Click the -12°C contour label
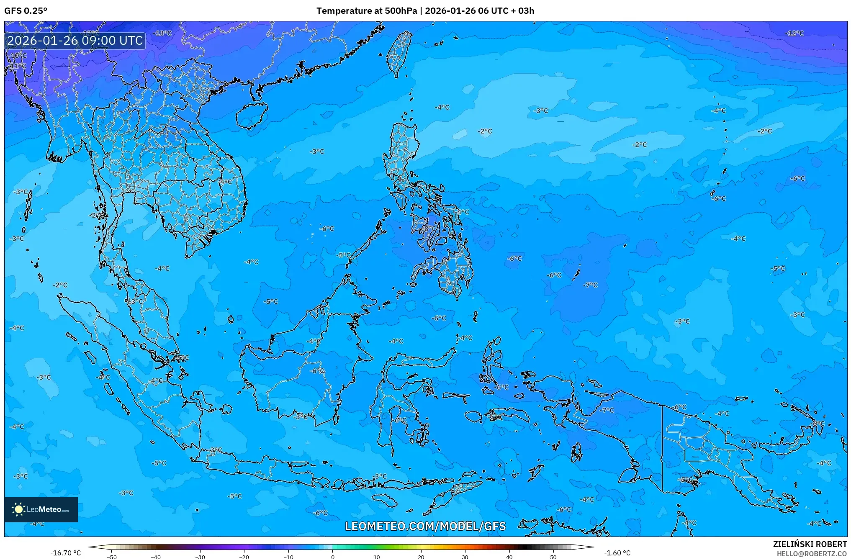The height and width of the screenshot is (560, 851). click(x=794, y=33)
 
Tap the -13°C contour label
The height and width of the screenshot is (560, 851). click(x=162, y=33)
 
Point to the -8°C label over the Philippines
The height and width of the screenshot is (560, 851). click(x=429, y=229)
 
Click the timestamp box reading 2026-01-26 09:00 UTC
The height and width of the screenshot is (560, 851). click(x=75, y=41)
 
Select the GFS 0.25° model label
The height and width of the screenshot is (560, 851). click(x=26, y=10)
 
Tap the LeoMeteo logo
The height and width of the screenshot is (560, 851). click(x=41, y=509)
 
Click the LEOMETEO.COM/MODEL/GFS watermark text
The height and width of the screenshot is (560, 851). click(x=425, y=526)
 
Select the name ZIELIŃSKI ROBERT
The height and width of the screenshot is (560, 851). click(x=810, y=544)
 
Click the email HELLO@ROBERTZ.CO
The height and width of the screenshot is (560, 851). click(x=812, y=554)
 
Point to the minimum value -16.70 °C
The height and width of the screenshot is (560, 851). click(x=65, y=553)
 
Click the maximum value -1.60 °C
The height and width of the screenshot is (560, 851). click(x=617, y=553)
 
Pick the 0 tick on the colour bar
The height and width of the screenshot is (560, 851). click(x=333, y=557)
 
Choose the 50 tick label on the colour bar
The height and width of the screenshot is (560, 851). click(x=553, y=557)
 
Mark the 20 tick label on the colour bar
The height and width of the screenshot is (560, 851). click(x=421, y=557)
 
